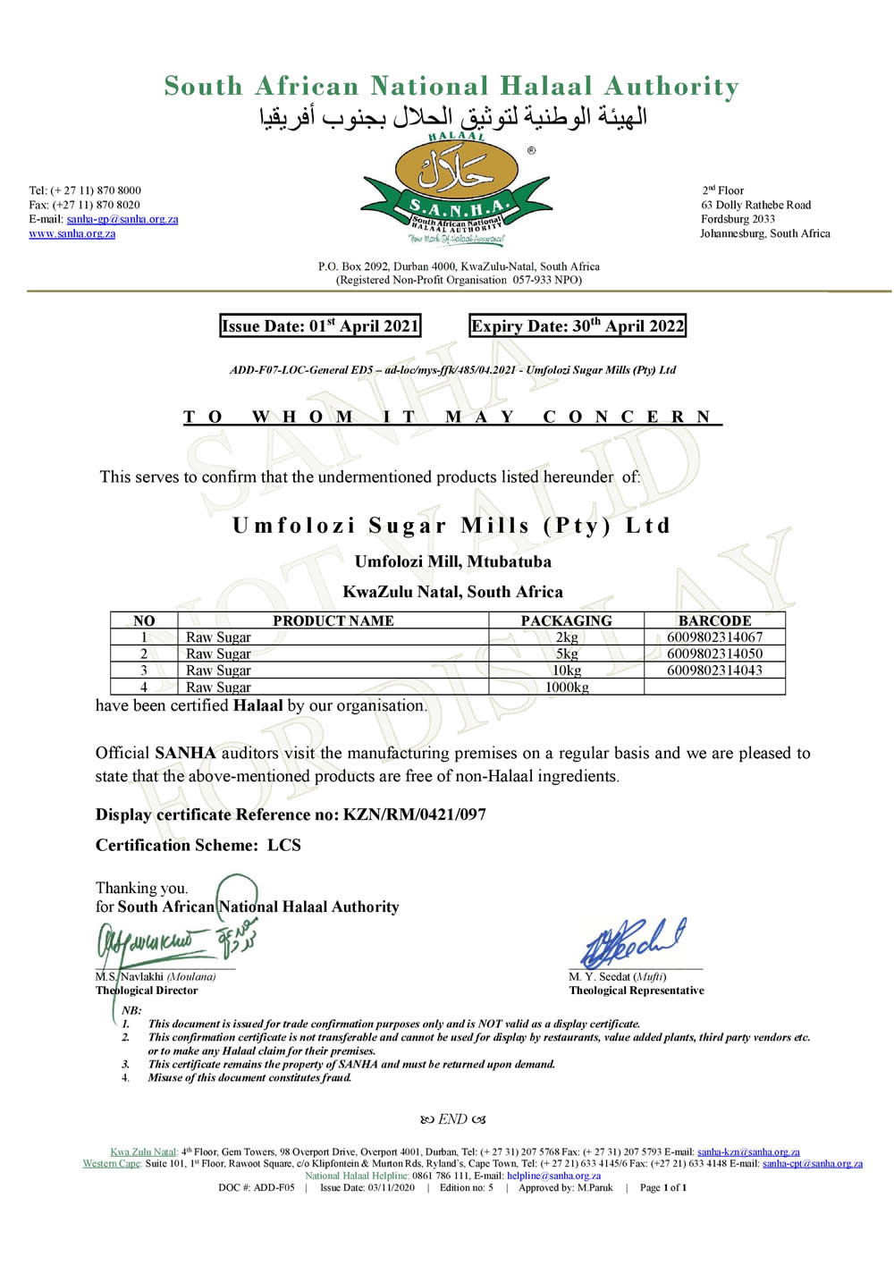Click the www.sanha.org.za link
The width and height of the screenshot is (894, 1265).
point(72,234)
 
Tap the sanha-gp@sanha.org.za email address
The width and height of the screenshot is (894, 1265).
point(122,219)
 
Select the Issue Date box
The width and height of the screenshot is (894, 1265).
point(320,326)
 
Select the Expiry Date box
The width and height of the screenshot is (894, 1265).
point(578,326)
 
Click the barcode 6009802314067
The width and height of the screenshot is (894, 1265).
point(714,637)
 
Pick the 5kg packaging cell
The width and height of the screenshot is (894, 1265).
point(566,654)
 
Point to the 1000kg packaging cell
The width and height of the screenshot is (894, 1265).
point(566,687)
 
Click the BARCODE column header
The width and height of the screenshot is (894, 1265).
point(714,620)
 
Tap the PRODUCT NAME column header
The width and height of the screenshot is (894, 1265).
point(333,620)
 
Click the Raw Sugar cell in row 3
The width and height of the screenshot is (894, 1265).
point(218,670)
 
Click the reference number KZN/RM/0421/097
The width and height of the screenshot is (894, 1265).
point(414,814)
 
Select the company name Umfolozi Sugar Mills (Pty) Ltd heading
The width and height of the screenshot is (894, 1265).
point(451,526)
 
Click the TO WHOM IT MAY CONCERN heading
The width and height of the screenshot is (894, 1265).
point(451,417)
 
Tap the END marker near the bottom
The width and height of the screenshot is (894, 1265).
point(452,1119)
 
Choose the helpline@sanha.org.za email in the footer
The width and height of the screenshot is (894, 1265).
point(553,1176)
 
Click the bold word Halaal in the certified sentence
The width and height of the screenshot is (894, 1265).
point(257,705)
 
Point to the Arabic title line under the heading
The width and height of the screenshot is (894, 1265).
point(452,117)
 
